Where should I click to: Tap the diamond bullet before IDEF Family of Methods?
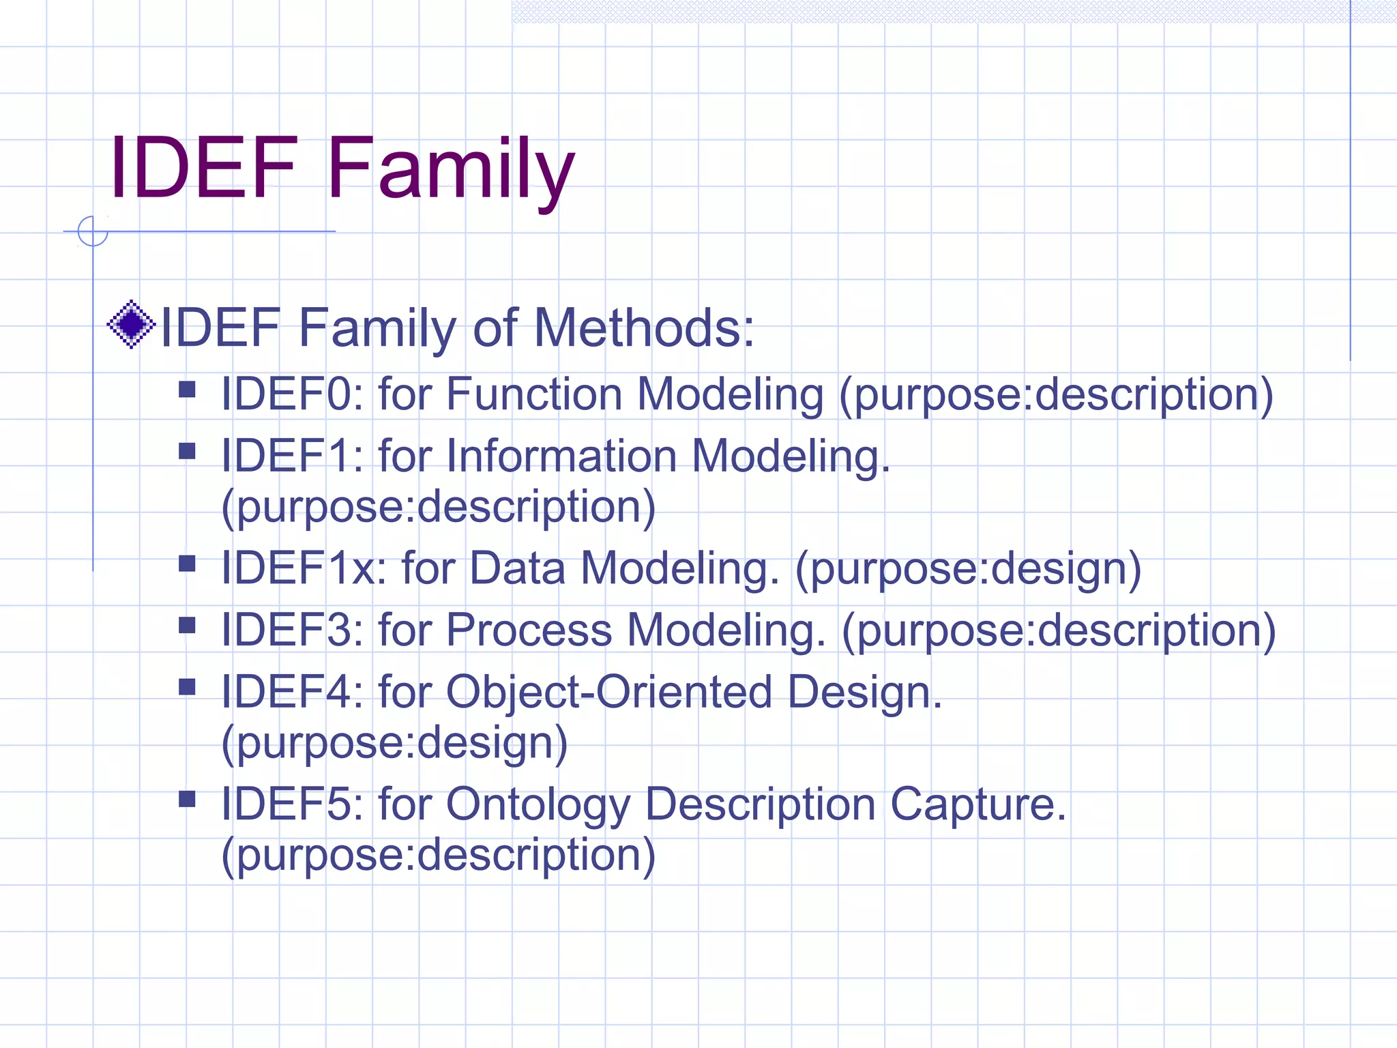click(x=132, y=325)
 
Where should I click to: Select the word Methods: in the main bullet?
click(x=644, y=327)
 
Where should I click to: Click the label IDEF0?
click(x=292, y=394)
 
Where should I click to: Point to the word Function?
click(x=534, y=394)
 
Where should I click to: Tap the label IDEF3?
click(x=292, y=629)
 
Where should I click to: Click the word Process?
click(x=529, y=629)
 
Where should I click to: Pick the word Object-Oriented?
click(x=608, y=691)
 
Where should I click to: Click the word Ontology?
click(x=538, y=804)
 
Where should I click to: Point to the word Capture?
click(x=978, y=804)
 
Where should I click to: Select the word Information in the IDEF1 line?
click(x=561, y=455)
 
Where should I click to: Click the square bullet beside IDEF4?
click(x=187, y=686)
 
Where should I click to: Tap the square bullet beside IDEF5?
click(x=187, y=799)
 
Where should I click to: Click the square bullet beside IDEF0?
click(x=187, y=390)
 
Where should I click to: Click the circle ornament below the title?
click(x=93, y=231)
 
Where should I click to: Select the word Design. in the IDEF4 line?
click(x=864, y=691)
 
